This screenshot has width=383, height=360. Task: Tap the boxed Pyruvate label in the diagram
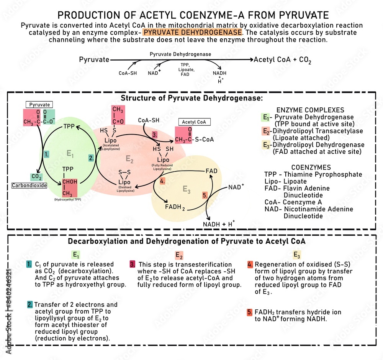(x=39, y=104)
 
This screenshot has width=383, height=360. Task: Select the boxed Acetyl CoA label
(x=194, y=122)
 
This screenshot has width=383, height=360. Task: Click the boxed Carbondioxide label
(x=29, y=185)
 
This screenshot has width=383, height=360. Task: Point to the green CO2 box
(x=36, y=177)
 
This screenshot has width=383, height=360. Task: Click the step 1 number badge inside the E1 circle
(x=47, y=155)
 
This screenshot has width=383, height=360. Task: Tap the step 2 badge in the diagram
(x=91, y=157)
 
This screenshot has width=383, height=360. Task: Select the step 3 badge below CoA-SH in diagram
(x=154, y=135)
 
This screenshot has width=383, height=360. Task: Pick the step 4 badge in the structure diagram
(x=162, y=181)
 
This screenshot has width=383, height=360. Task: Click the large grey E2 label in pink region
(x=130, y=159)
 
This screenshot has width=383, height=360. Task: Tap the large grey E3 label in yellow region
(x=187, y=189)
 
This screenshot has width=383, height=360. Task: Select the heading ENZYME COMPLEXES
(x=309, y=110)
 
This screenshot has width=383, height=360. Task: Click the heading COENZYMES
(x=311, y=168)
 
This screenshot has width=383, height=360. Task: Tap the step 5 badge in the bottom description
(x=250, y=312)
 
